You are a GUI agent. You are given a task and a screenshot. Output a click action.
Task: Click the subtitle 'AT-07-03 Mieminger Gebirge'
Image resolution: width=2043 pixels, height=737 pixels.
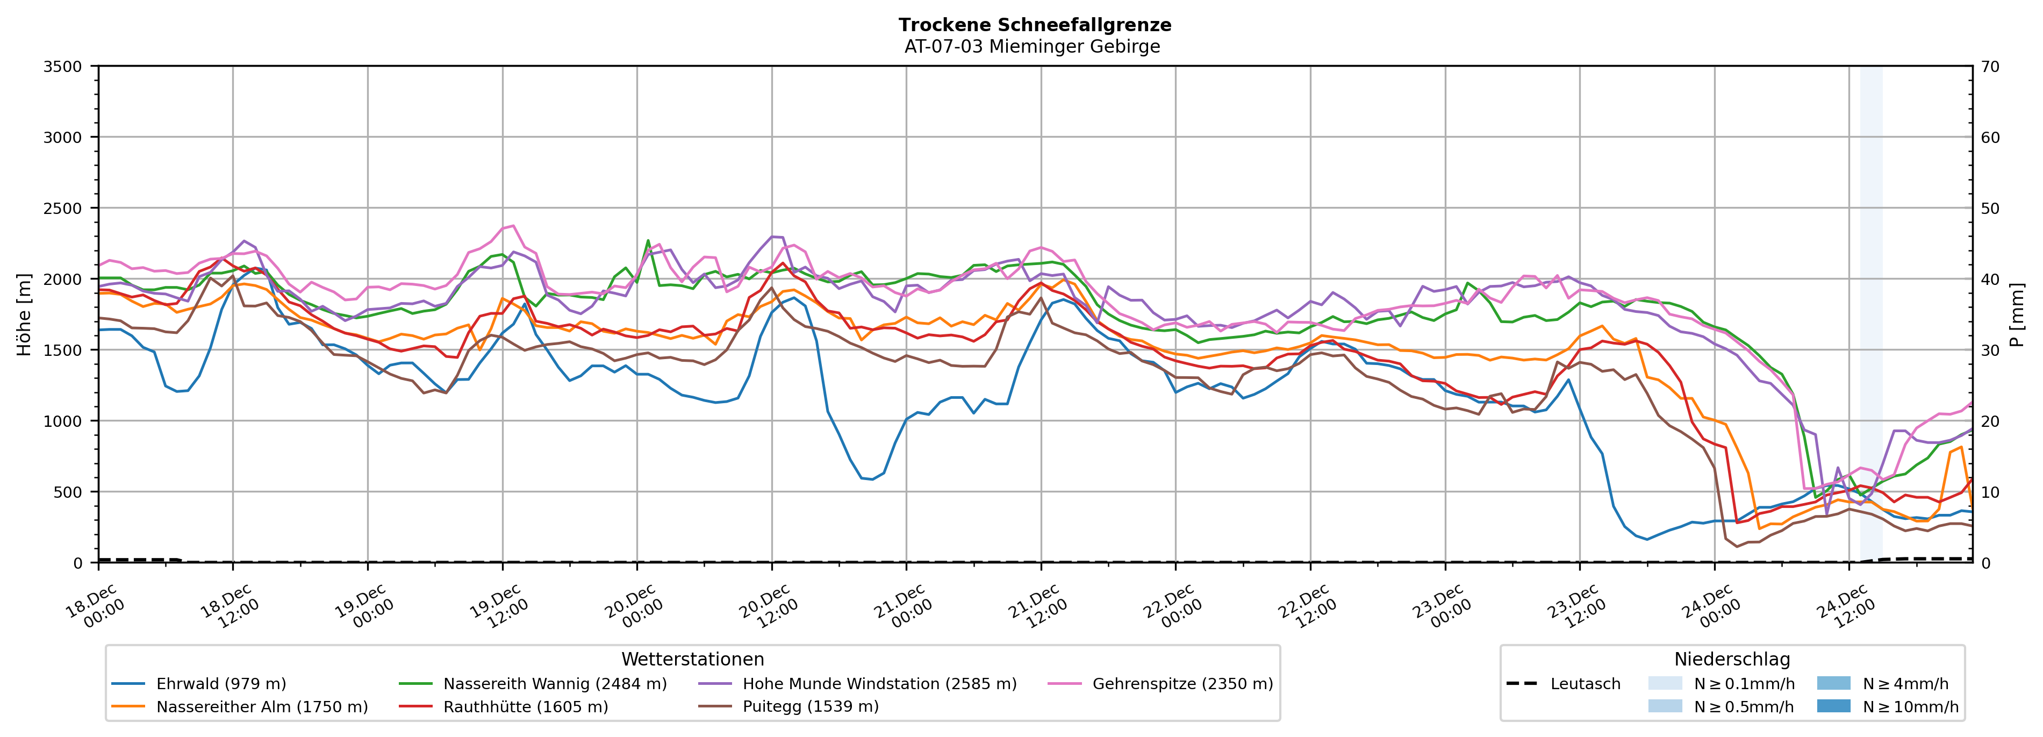tap(1032, 47)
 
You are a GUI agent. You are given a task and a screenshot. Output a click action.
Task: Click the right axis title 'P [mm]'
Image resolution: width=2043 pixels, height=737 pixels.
tap(2017, 314)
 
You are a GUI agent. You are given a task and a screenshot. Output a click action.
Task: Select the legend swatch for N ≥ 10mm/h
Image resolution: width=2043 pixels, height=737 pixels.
tap(1833, 706)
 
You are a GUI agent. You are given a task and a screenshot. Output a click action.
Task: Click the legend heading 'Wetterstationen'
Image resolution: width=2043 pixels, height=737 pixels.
tap(692, 659)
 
